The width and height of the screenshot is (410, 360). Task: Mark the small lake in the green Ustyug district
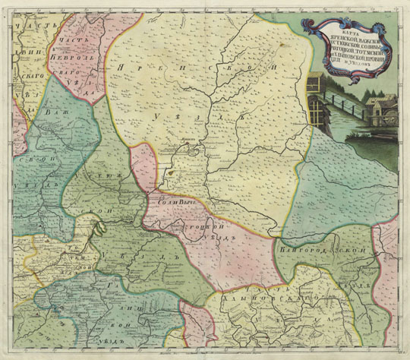[x=96, y=226]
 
